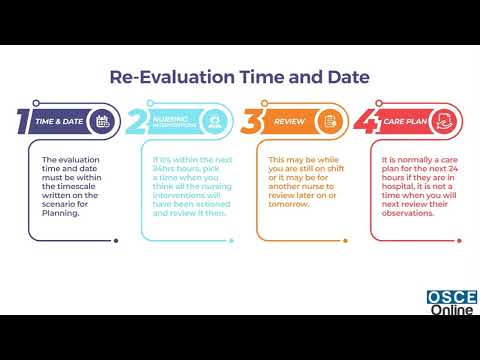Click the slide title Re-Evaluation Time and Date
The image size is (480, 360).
[239, 77]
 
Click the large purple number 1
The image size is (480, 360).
[21, 121]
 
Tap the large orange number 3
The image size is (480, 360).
[254, 121]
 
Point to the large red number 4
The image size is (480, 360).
[369, 121]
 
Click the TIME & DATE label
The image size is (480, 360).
[60, 121]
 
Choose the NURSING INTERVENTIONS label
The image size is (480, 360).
[173, 121]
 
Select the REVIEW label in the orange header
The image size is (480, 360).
[290, 121]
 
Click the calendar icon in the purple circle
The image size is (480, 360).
[101, 121]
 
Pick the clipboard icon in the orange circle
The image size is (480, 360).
[330, 121]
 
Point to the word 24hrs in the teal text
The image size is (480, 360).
[166, 168]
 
